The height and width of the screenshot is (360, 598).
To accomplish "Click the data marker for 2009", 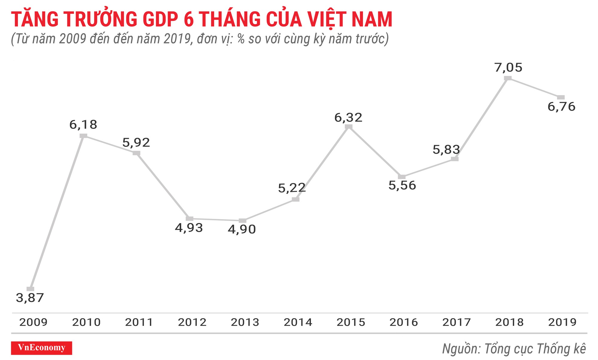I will pyautogui.click(x=30, y=289).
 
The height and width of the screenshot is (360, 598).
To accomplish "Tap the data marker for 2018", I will pyautogui.click(x=508, y=78).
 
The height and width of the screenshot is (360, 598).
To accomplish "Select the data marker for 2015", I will pyautogui.click(x=349, y=127).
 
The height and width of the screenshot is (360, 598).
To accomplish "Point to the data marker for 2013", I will pyautogui.click(x=242, y=221).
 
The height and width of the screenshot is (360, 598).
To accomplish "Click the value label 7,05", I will pyautogui.click(x=508, y=68).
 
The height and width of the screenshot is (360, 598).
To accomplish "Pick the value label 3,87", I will pyautogui.click(x=30, y=298).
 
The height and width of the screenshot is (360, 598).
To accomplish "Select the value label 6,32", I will pyautogui.click(x=348, y=118).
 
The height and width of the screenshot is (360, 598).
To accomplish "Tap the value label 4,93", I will pyautogui.click(x=189, y=228).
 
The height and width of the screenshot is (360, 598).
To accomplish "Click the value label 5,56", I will pyautogui.click(x=402, y=185).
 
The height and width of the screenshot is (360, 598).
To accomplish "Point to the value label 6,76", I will pyautogui.click(x=561, y=107).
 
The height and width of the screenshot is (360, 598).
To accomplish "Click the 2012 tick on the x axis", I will pyautogui.click(x=192, y=322).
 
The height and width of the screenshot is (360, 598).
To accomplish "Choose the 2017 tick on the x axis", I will pyautogui.click(x=457, y=322).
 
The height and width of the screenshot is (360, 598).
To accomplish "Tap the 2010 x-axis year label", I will pyautogui.click(x=86, y=322).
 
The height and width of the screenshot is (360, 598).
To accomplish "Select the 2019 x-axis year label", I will pyautogui.click(x=562, y=322).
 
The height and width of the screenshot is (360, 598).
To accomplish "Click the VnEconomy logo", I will pyautogui.click(x=42, y=348).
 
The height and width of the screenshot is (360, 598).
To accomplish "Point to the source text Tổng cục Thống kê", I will pyautogui.click(x=535, y=349).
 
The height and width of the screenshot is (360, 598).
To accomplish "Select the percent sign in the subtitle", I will pyautogui.click(x=241, y=39).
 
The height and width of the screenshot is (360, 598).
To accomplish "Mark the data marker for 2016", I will pyautogui.click(x=402, y=177).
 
